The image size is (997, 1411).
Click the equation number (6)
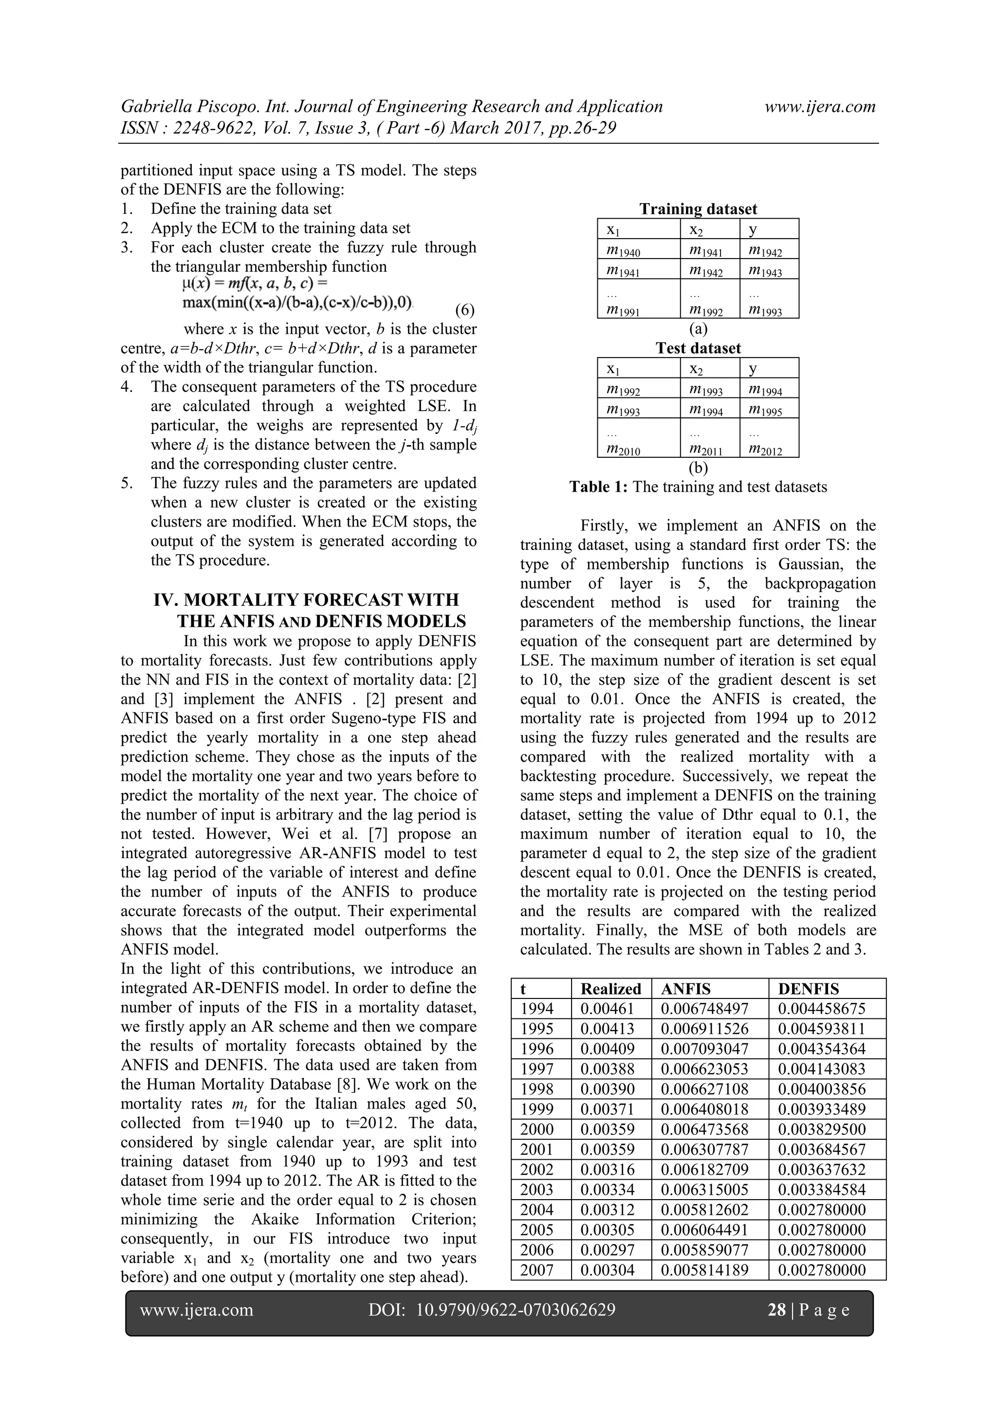click(x=464, y=309)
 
